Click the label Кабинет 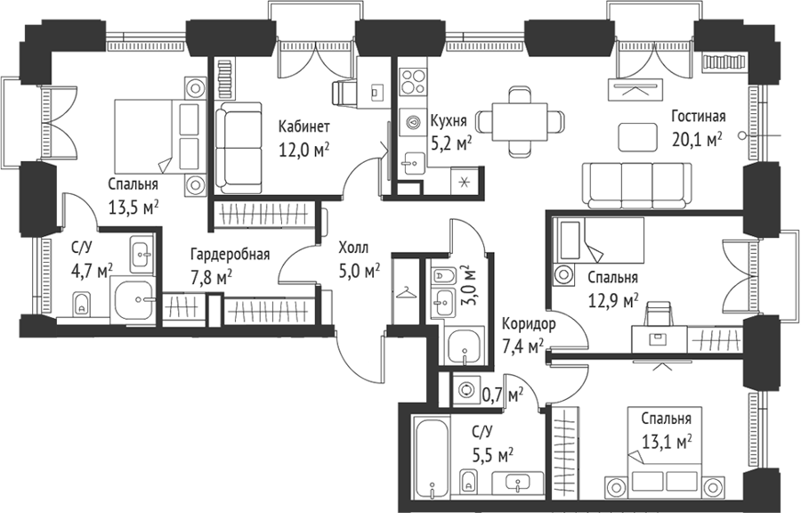pyautogui.click(x=304, y=126)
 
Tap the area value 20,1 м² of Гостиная pyautogui.click(x=697, y=140)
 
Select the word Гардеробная pyautogui.click(x=230, y=255)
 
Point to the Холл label pyautogui.click(x=353, y=248)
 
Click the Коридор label pyautogui.click(x=529, y=324)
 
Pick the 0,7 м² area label pyautogui.click(x=503, y=394)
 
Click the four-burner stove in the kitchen pyautogui.click(x=413, y=82)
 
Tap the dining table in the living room pyautogui.click(x=520, y=122)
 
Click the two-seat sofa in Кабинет pyautogui.click(x=238, y=148)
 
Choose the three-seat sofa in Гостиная pyautogui.click(x=637, y=185)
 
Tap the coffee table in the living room pyautogui.click(x=637, y=137)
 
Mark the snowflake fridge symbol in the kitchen pyautogui.click(x=465, y=182)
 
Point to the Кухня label pyautogui.click(x=449, y=121)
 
